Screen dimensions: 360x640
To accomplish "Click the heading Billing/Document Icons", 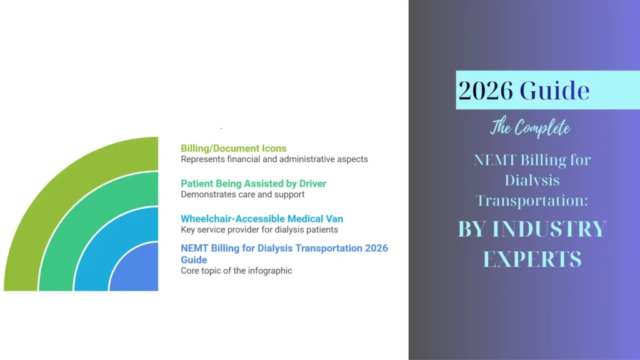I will [x=233, y=148].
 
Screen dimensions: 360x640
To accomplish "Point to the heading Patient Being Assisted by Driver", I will [x=253, y=184].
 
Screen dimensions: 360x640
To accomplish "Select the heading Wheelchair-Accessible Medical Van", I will [x=262, y=219].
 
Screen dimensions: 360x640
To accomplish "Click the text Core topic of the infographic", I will [x=236, y=271].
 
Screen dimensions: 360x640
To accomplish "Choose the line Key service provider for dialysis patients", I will [x=259, y=229].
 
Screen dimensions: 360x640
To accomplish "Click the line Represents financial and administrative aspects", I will [x=274, y=159].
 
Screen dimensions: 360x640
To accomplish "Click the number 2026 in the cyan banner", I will [x=486, y=91].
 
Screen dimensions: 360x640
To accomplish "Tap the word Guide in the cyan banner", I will [x=555, y=91].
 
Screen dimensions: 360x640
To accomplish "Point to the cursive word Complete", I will [x=542, y=129].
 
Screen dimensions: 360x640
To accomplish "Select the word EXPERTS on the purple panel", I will [x=532, y=259].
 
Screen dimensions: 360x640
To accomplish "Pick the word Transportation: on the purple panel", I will [x=532, y=201].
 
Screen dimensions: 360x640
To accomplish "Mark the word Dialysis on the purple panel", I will [x=531, y=181].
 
